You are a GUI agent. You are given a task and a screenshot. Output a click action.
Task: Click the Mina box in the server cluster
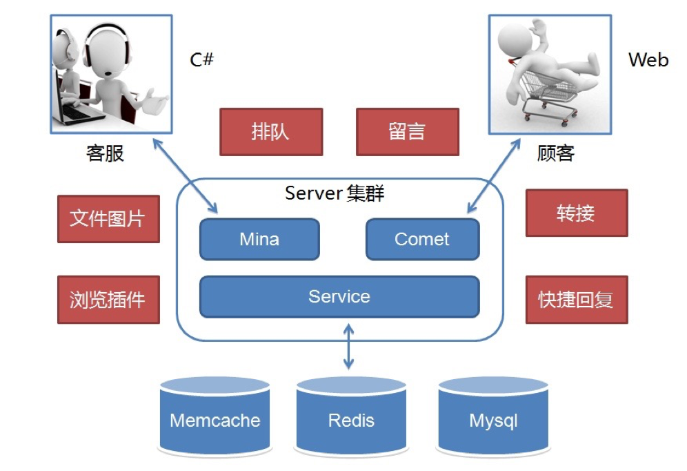click(259, 240)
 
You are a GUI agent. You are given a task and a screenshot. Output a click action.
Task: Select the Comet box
click(421, 240)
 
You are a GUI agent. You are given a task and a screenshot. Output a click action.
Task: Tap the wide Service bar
click(339, 297)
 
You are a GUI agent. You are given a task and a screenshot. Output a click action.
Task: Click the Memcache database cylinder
click(215, 418)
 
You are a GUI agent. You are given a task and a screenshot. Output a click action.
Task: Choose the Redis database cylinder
click(351, 418)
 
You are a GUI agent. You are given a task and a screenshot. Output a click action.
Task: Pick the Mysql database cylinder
click(492, 418)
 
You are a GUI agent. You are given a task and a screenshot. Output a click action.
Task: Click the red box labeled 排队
click(270, 132)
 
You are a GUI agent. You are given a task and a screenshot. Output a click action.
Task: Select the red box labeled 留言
click(407, 132)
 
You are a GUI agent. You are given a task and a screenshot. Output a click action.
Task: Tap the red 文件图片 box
click(108, 219)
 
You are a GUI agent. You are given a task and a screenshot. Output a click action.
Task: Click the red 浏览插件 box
click(108, 300)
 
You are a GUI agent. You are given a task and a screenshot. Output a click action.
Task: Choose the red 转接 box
click(576, 213)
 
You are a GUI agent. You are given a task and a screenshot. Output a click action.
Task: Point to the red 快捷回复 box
click(576, 300)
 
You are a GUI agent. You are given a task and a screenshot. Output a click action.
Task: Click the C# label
click(201, 60)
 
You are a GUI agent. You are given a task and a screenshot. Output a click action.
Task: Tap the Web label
click(648, 60)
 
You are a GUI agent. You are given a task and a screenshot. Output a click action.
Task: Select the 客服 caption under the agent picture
click(105, 153)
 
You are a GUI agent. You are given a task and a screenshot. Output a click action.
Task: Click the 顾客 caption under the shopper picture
click(555, 153)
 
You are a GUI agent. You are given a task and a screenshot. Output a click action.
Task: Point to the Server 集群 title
click(335, 193)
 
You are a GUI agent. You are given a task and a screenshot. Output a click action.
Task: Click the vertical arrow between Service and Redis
click(348, 349)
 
